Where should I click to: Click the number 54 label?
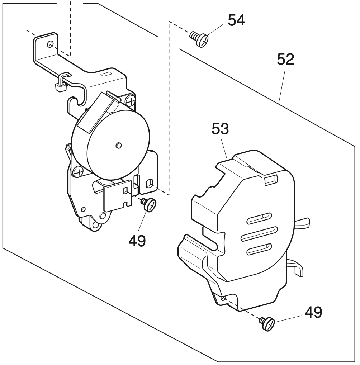click(x=236, y=20)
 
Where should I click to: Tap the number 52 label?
click(x=285, y=60)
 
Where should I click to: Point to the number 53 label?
click(x=220, y=129)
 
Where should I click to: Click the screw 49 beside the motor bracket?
click(x=149, y=205)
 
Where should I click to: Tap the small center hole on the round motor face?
click(x=119, y=145)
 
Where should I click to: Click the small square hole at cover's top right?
click(x=270, y=181)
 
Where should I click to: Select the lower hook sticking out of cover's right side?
click(x=297, y=267)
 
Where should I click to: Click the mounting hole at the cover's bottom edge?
click(x=223, y=298)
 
